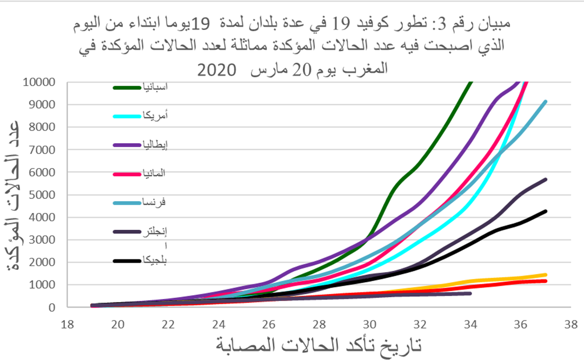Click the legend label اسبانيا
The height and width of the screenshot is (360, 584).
[154, 87]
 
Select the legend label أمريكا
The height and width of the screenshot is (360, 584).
[154, 116]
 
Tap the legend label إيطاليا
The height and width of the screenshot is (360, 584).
[154, 145]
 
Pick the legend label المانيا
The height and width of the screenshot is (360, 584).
[153, 174]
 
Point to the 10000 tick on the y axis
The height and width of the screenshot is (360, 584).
[39, 82]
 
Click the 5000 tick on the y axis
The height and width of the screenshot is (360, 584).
[42, 195]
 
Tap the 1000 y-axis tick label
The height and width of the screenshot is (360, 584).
[42, 285]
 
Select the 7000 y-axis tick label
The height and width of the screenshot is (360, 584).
[42, 150]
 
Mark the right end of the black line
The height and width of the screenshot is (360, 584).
[546, 211]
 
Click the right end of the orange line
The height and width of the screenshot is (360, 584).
[546, 275]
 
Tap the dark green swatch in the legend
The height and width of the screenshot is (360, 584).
[127, 87]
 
